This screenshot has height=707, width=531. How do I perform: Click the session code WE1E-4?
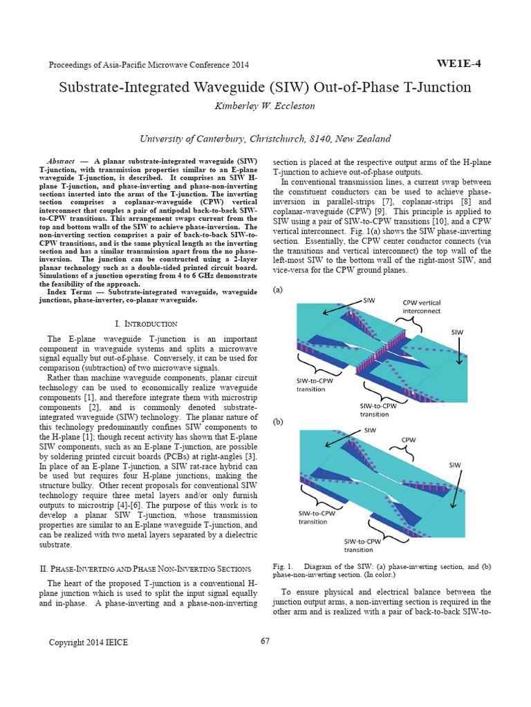[459, 64]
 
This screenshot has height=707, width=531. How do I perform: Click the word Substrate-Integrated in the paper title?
[128, 88]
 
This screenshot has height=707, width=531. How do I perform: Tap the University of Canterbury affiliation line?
[265, 138]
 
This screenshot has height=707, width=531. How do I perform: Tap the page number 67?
[265, 641]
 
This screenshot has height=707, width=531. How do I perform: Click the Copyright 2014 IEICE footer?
[88, 642]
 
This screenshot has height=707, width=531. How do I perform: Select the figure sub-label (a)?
[279, 291]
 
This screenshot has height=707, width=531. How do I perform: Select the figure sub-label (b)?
[279, 420]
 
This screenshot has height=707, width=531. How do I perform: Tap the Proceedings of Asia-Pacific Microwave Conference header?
[149, 65]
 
